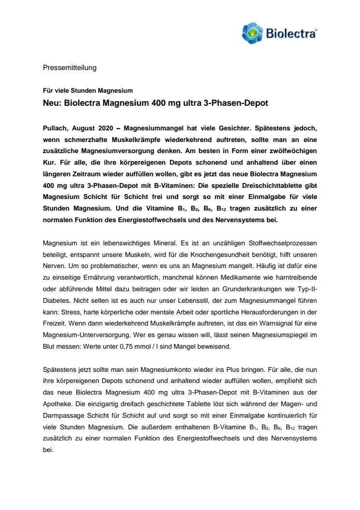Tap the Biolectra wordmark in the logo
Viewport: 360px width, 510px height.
point(291,33)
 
